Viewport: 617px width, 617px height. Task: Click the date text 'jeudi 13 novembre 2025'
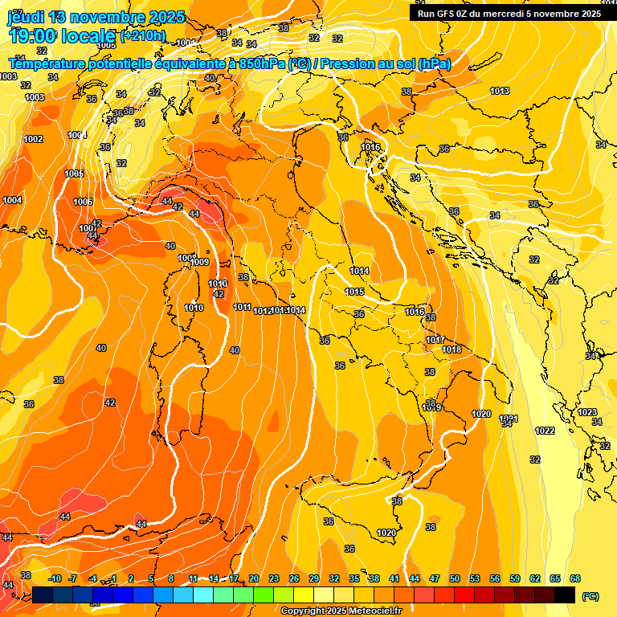96,17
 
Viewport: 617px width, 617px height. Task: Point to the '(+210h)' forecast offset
143,35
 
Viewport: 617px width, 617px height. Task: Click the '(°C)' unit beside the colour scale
590,596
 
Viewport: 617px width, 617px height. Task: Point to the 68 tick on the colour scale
575,578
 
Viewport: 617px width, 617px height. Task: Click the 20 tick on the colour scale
254,578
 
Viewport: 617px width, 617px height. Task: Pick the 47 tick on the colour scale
435,578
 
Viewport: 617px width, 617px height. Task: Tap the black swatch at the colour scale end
565,595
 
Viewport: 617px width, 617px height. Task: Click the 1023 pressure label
587,412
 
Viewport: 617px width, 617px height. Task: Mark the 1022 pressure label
545,431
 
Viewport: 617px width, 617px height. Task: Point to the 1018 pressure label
452,349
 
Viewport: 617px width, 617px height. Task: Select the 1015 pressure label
355,292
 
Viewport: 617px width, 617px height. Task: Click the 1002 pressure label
33,139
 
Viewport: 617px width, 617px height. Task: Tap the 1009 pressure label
200,262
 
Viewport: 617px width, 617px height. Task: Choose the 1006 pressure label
83,202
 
